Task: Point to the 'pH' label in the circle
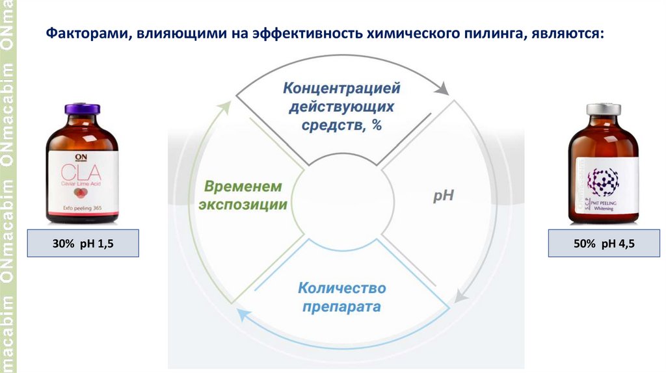[x=442, y=196]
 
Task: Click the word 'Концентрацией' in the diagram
[x=341, y=87]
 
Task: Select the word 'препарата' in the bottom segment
[x=341, y=305]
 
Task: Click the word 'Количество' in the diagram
[x=341, y=287]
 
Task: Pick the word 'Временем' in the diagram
[x=244, y=186]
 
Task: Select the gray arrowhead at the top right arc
[x=445, y=88]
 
